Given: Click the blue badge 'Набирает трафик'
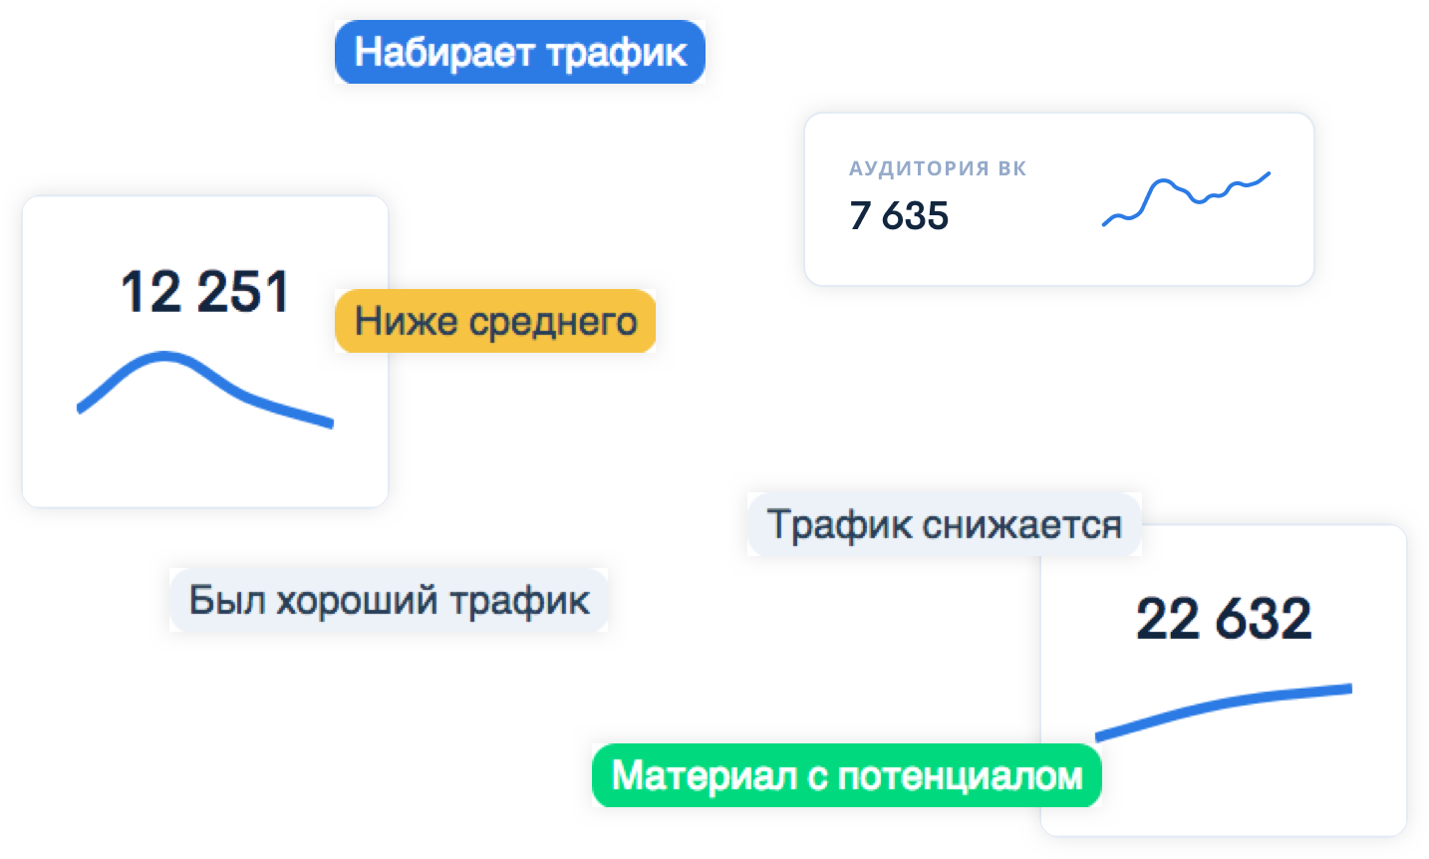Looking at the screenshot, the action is coord(520,52).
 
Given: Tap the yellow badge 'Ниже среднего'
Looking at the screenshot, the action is coord(495,320).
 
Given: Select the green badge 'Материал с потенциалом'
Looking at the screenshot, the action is coord(847,775).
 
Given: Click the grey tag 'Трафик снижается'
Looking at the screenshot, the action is coord(944,524).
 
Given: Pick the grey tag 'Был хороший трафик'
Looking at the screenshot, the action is coord(389,600).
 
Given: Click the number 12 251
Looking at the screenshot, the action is coord(204,292).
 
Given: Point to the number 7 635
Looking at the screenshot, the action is coord(899,215).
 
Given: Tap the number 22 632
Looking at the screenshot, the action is coord(1224,618).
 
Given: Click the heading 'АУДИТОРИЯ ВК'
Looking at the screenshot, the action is coord(938,168).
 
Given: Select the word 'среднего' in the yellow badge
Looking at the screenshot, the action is coord(553,322).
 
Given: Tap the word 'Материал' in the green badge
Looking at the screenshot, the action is coord(705,776).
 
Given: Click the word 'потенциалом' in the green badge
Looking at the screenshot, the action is coord(960,776).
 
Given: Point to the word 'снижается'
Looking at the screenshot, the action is coord(1022,525).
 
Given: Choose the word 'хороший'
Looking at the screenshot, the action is coord(357,601).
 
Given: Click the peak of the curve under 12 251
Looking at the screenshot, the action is coord(164,357).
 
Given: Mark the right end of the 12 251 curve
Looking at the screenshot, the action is coord(332,424).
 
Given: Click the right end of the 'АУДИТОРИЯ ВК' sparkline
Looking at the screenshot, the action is coord(1269,173).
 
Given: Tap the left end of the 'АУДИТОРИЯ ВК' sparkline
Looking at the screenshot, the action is coord(1104,224).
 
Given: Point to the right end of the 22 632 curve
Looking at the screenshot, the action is coord(1350,688).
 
